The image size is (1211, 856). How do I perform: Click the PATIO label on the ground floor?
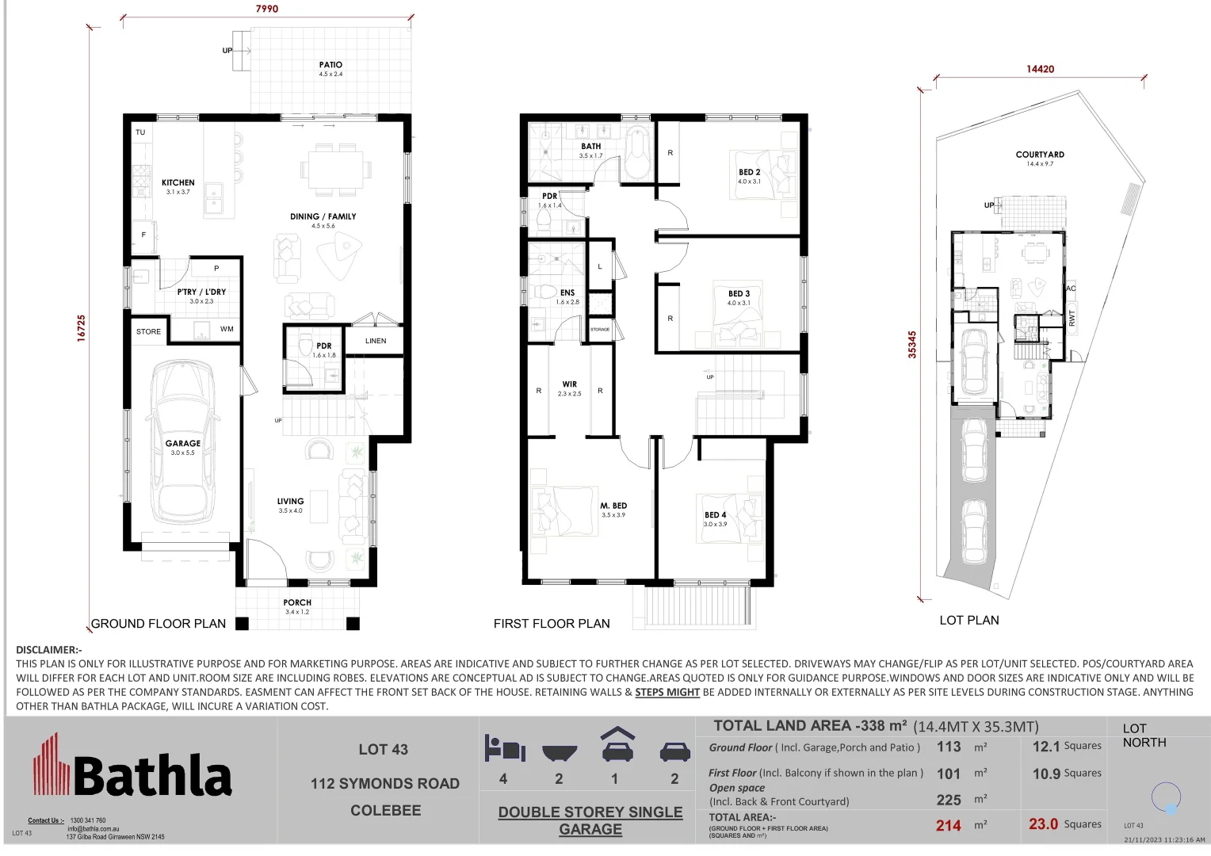tap(330, 65)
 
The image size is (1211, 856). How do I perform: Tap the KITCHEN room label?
tap(178, 183)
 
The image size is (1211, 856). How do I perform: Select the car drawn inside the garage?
tap(183, 444)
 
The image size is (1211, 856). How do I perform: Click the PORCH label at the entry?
tap(297, 603)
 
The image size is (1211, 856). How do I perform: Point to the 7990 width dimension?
tap(267, 9)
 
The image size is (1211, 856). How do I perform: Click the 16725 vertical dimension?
tap(82, 328)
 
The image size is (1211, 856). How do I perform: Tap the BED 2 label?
tap(749, 172)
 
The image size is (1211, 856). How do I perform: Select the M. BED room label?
tap(613, 506)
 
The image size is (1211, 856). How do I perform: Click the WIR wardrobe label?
tap(569, 384)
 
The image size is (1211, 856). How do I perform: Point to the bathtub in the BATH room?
tap(637, 154)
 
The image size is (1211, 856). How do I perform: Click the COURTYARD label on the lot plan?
tap(1040, 155)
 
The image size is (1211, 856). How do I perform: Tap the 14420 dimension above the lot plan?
tap(1040, 69)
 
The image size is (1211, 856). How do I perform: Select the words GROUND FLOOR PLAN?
tap(159, 624)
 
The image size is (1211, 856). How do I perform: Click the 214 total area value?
tap(948, 825)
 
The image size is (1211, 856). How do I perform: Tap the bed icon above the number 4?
tap(504, 748)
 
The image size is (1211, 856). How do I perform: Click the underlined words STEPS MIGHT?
tap(667, 692)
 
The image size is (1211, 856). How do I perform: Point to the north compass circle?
tap(1166, 797)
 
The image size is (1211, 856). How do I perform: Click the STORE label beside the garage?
tap(148, 332)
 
